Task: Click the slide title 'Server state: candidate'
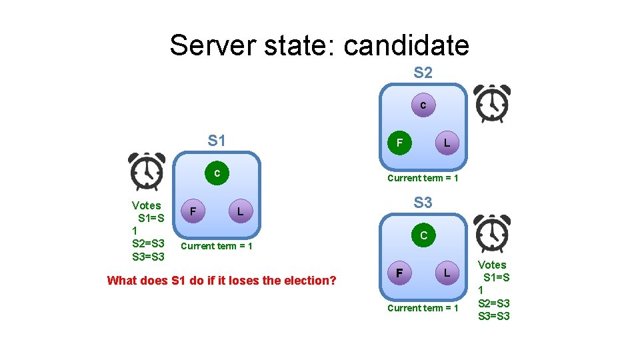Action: (319, 45)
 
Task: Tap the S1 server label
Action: (217, 141)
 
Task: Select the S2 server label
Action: (423, 73)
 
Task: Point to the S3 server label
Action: (423, 202)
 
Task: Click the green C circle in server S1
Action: (217, 173)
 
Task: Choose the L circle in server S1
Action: (241, 212)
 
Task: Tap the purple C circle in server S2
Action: (423, 105)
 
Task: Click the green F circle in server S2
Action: (399, 143)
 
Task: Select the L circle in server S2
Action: (447, 143)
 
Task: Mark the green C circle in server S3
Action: (423, 235)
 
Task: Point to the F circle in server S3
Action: (399, 273)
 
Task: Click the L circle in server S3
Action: (447, 273)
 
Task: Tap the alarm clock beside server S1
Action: (147, 172)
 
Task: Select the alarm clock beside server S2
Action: (492, 104)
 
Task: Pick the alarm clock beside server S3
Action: (492, 233)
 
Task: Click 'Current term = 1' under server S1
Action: (217, 246)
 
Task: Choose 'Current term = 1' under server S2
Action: (423, 178)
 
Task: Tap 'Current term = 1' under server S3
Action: (423, 308)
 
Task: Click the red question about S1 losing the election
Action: (221, 281)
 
